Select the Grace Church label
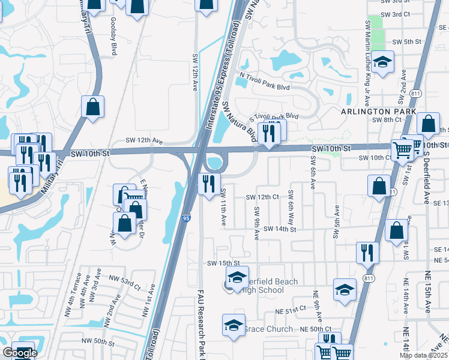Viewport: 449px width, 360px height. pyautogui.click(x=268, y=329)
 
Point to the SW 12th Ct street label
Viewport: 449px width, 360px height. pyautogui.click(x=263, y=197)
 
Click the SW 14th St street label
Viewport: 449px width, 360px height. pyautogui.click(x=279, y=229)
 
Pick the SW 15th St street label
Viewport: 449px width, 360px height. pyautogui.click(x=223, y=263)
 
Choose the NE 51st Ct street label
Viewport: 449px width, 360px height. pyautogui.click(x=290, y=308)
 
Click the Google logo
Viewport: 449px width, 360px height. pyautogui.click(x=20, y=353)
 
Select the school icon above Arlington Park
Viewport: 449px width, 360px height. pyautogui.click(x=382, y=62)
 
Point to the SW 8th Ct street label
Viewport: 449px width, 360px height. pyautogui.click(x=387, y=120)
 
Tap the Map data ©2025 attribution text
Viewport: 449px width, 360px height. pyautogui.click(x=424, y=356)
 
